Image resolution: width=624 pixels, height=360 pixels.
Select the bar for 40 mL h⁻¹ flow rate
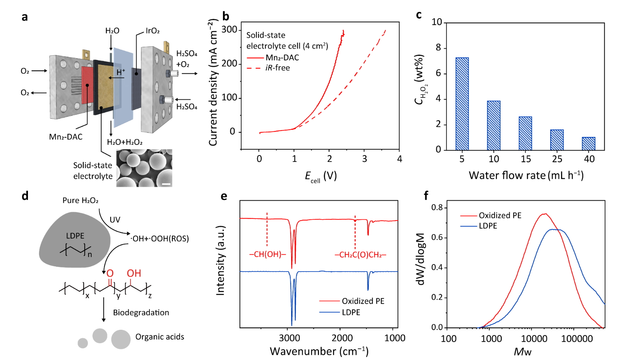589,144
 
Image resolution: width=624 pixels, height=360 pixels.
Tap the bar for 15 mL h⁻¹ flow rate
525,133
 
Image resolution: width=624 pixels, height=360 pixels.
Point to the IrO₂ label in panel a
152,31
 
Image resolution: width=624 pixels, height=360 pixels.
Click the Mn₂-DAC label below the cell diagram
66,137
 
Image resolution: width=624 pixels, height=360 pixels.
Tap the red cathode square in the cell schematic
87,85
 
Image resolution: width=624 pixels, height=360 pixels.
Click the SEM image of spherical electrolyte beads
144,168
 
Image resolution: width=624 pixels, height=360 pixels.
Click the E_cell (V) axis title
321,176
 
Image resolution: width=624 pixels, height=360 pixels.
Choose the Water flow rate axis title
526,175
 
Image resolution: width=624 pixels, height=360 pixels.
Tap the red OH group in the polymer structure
134,273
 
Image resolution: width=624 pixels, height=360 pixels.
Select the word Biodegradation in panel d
141,313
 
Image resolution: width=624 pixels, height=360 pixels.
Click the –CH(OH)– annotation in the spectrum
267,255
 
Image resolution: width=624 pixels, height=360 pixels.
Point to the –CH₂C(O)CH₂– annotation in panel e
360,255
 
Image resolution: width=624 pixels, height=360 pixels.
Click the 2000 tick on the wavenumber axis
342,338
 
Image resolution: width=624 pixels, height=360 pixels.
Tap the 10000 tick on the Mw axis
533,339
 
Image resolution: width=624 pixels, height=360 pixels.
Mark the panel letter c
419,15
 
